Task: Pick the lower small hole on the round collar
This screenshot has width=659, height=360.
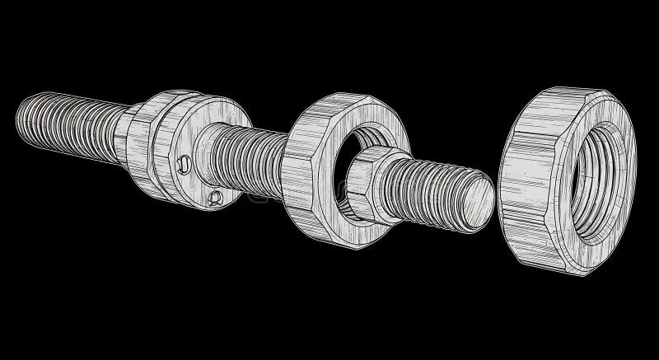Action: [x=215, y=196]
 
